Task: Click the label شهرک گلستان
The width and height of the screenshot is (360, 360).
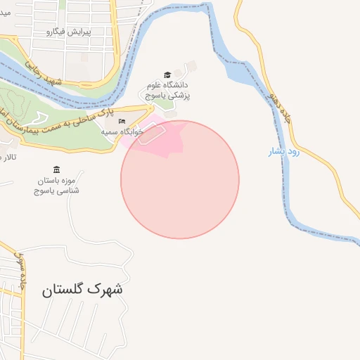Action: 82,289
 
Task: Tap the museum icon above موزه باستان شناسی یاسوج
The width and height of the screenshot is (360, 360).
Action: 56,169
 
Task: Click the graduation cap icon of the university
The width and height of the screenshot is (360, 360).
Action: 167,75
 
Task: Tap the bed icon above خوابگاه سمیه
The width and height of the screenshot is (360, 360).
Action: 122,122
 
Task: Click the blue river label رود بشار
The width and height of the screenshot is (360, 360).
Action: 284,151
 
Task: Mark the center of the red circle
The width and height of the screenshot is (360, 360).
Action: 180,179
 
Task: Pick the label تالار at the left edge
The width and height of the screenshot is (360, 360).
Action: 8,157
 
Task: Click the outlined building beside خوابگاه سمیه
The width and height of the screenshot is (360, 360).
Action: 151,133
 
